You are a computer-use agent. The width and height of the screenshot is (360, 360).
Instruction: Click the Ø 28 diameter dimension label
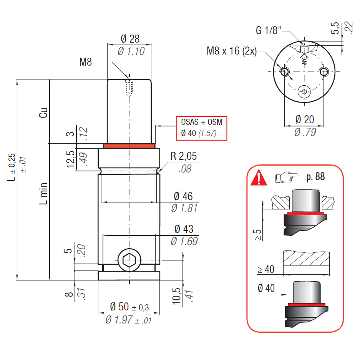click(129, 39)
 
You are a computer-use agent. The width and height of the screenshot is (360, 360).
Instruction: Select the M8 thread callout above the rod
click(86, 62)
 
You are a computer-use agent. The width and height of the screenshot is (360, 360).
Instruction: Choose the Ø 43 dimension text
click(183, 229)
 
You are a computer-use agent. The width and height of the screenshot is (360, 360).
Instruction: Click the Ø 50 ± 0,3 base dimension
click(129, 307)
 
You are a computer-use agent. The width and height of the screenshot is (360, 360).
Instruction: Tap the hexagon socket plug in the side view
click(129, 260)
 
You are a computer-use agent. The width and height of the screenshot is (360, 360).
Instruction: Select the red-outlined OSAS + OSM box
click(202, 128)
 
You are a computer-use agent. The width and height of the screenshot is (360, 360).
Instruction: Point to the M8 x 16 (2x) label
click(231, 51)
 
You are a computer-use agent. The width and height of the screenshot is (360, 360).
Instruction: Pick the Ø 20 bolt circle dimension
click(305, 119)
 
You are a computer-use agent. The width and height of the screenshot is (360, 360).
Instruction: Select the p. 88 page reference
click(315, 177)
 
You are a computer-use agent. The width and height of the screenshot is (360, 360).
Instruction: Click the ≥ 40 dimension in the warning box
click(266, 270)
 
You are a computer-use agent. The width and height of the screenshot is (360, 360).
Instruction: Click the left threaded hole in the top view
click(285, 71)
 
